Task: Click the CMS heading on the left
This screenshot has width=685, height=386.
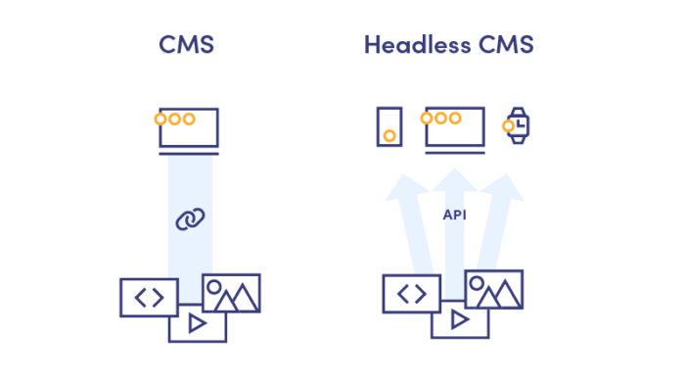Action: coord(186,45)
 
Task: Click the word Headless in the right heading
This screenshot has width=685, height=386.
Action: coord(406,45)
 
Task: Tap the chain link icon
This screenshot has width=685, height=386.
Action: coord(190,219)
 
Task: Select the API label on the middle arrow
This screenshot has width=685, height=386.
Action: coord(455,215)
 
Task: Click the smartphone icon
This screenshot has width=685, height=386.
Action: coord(389,126)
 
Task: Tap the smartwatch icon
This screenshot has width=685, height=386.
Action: coord(517,125)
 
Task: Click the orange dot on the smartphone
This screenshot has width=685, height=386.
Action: coord(389,136)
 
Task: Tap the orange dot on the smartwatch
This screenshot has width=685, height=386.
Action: coord(509,125)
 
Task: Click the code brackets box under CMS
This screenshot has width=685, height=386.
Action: coord(149,298)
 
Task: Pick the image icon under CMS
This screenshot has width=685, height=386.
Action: coord(232,293)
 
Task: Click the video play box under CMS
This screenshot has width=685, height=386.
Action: coord(198,324)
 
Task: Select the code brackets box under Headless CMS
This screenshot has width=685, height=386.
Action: coord(411,294)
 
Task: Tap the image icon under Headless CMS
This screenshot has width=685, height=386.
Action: coord(494,289)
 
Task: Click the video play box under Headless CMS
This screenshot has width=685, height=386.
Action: coord(460,321)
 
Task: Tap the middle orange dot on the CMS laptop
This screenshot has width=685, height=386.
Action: coord(174,120)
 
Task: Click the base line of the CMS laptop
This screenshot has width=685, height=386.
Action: coord(189,153)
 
